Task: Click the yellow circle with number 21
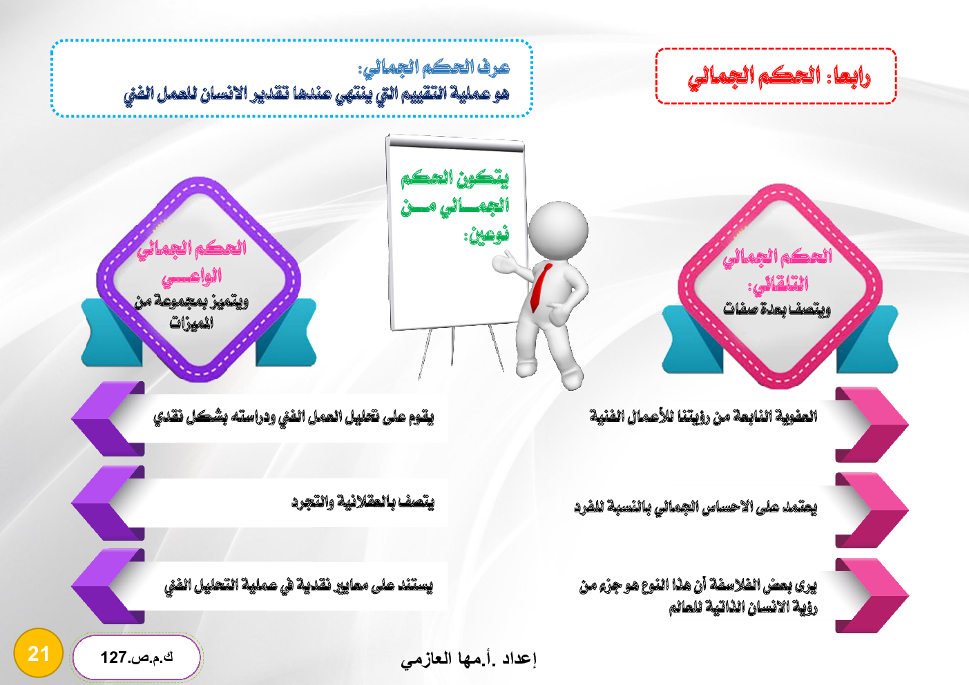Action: [38, 653]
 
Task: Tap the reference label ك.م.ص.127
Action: [137, 657]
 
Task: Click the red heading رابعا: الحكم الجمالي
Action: [778, 77]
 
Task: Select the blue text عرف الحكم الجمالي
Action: [434, 68]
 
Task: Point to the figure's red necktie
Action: [541, 287]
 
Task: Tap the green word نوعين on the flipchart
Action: [487, 234]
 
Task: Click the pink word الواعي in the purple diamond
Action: [191, 276]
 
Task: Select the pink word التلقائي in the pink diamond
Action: [778, 284]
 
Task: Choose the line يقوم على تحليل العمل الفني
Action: [294, 417]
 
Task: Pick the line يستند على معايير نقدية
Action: [298, 586]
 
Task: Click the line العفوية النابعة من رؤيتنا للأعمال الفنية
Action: [703, 416]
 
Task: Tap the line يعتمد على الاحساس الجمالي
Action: [695, 507]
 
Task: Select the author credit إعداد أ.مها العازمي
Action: [468, 659]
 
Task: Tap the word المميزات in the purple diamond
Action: [191, 322]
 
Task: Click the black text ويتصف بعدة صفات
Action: [777, 309]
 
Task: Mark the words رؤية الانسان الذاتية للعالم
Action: [743, 608]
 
